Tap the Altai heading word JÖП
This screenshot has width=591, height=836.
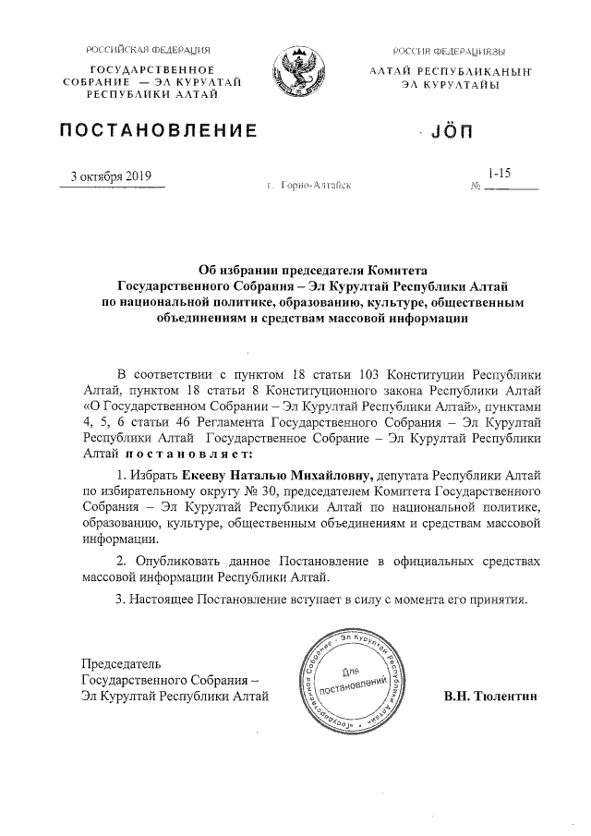click(x=452, y=133)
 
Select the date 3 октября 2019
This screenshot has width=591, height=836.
click(x=112, y=178)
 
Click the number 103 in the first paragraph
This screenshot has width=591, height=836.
click(x=369, y=373)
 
